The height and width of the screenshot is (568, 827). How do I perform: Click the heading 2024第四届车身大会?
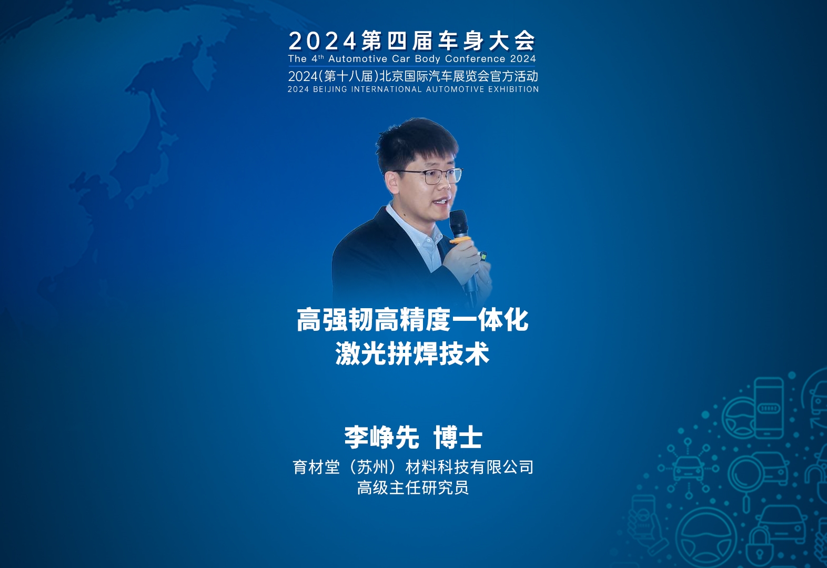[412, 40]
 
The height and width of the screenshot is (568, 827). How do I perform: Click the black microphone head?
[459, 224]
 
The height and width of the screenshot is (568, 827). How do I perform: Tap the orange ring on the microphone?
[460, 241]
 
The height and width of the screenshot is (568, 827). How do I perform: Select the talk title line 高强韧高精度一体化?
[412, 320]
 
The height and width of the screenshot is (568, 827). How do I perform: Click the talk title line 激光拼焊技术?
[412, 353]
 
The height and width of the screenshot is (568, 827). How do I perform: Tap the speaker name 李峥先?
[381, 438]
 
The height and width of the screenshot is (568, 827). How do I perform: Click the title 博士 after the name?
[458, 438]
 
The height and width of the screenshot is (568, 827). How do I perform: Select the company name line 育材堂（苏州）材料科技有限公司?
[413, 467]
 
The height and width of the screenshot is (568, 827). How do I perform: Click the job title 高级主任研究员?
[413, 488]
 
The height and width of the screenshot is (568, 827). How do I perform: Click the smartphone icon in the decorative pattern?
[769, 408]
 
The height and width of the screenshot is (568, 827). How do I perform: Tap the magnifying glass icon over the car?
[748, 476]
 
